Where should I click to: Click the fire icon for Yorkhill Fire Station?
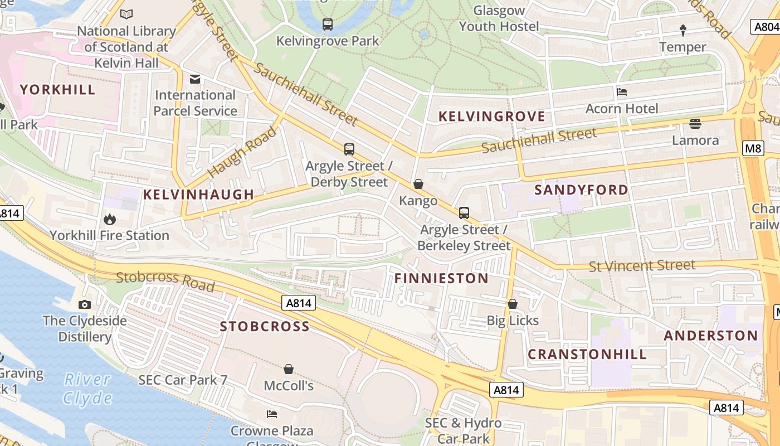point(110,220)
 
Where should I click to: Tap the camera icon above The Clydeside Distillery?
point(85,304)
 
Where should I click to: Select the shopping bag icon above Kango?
point(418,184)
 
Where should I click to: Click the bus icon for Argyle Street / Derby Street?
point(349,149)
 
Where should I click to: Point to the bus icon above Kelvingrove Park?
point(328,25)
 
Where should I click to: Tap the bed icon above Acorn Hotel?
point(622,92)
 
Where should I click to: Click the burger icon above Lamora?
point(695,123)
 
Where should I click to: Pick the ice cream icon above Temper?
point(683,30)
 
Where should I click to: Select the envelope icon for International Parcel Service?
point(195,79)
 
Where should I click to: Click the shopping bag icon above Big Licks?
point(513,304)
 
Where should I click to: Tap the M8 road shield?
point(753,148)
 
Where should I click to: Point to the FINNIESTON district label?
point(441,278)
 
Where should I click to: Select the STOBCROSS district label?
point(265,327)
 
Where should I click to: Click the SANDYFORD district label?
point(581,190)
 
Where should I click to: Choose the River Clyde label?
point(87,389)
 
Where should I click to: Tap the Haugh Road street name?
point(242,152)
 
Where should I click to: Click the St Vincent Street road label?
point(642,265)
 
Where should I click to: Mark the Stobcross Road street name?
point(165,282)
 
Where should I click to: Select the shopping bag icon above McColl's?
point(289,369)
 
